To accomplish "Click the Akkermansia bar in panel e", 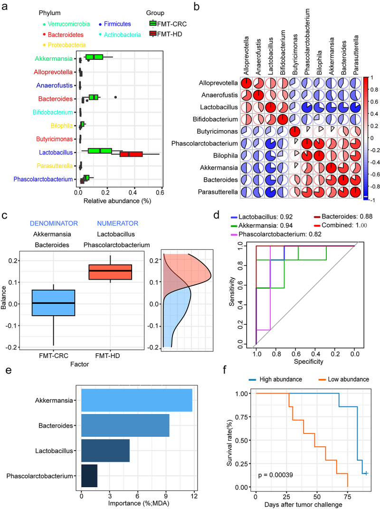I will [x=137, y=401].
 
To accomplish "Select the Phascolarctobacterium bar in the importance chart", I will [x=89, y=475].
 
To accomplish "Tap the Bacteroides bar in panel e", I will [x=125, y=425].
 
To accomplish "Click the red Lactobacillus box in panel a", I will [x=131, y=154].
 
